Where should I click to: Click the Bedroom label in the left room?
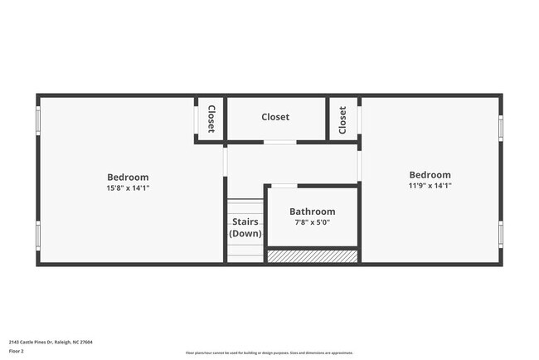pos(128,177)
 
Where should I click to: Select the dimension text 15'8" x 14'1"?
pos(128,188)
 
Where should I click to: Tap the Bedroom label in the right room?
pos(430,175)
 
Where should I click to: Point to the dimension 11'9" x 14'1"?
pos(430,186)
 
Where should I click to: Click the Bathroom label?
pos(312,212)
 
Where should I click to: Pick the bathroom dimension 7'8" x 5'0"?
pos(312,222)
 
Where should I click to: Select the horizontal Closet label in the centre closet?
pos(275,117)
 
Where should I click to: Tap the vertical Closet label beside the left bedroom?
pos(211,119)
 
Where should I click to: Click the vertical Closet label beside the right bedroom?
pos(342,120)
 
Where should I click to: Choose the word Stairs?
pos(245,221)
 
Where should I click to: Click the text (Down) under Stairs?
pos(245,234)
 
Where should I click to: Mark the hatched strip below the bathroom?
pos(312,257)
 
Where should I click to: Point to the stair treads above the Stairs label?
pos(245,207)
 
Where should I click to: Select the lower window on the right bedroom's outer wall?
pos(501,235)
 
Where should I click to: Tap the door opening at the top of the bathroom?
pos(284,186)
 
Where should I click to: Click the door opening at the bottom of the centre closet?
pos(280,143)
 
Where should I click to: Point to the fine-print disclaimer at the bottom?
pos(269,353)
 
